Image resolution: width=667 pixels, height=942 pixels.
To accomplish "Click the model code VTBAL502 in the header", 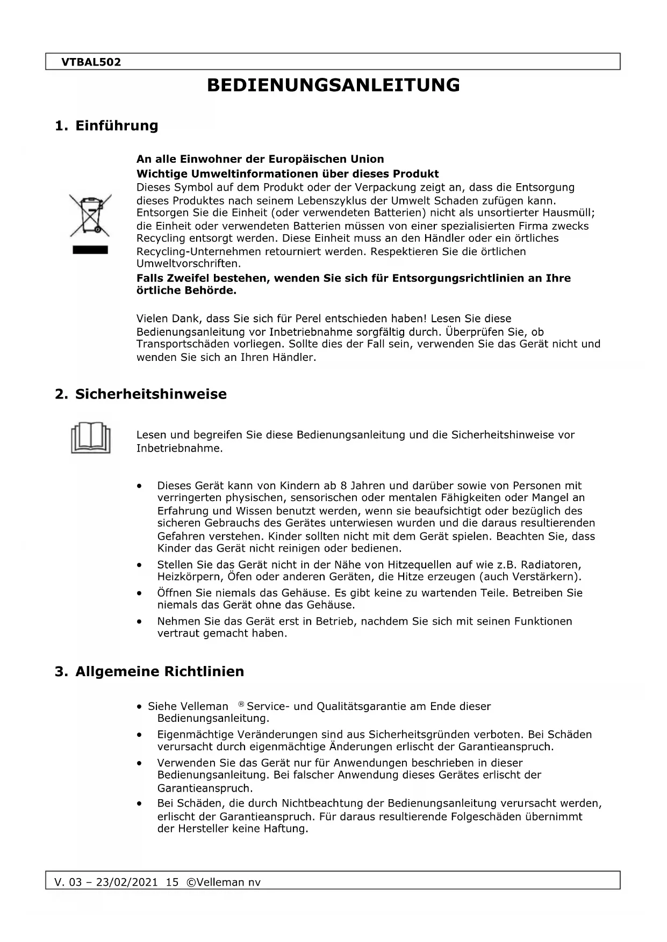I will click(91, 62).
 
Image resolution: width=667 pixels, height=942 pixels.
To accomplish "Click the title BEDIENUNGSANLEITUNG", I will click(333, 85).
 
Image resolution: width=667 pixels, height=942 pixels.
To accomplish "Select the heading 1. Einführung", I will click(106, 126).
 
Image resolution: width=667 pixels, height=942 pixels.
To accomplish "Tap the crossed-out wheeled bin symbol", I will click(90, 216).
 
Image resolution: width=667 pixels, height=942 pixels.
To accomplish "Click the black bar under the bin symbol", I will click(90, 250).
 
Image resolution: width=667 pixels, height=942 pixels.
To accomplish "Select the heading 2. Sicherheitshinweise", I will click(141, 394).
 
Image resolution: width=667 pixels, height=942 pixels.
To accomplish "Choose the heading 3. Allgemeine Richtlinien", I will click(149, 671).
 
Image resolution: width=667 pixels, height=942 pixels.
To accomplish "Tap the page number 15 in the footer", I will click(172, 882).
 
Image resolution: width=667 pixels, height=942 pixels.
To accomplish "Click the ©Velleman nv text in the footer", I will click(223, 882).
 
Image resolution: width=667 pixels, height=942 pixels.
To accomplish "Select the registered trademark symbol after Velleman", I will click(241, 705).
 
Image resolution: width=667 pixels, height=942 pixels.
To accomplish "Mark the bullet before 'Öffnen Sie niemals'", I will click(140, 593).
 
